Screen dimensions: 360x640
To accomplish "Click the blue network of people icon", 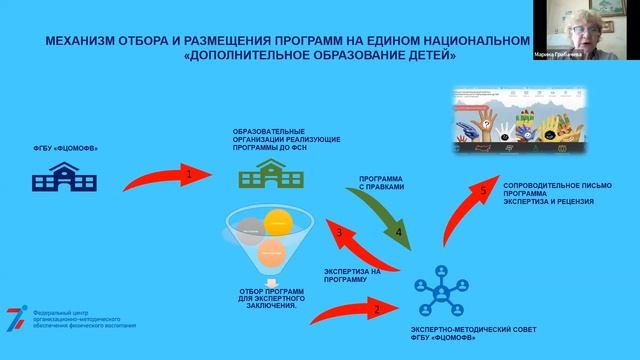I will pyautogui.click(x=443, y=291).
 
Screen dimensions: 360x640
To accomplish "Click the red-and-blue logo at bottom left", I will pyautogui.click(x=17, y=317).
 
